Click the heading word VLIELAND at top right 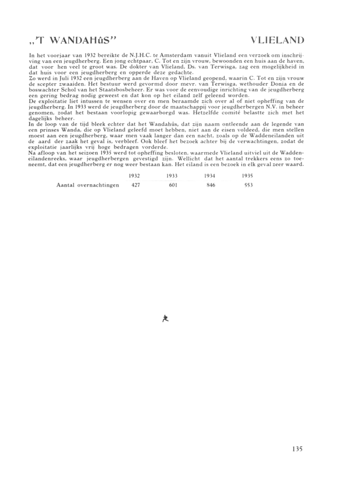[277, 40]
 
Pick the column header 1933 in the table [172, 176]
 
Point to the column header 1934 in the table [210, 176]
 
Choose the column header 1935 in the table [248, 176]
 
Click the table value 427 [135, 185]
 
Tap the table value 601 [173, 185]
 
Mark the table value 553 [248, 185]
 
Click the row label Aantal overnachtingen [87, 185]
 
